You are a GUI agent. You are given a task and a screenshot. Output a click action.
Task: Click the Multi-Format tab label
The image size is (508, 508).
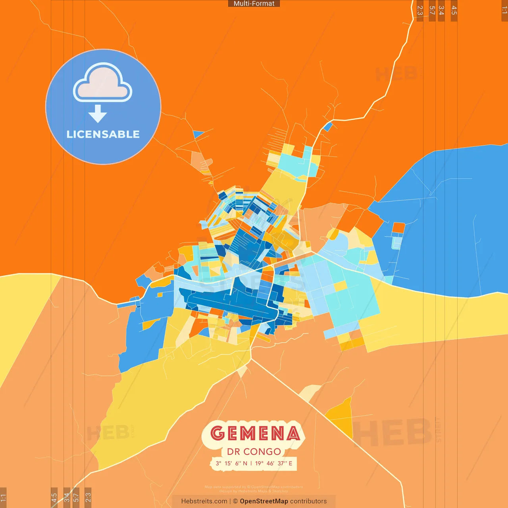pyautogui.click(x=254, y=4)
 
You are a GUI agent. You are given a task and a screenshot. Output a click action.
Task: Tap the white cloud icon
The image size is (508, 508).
pyautogui.click(x=103, y=83)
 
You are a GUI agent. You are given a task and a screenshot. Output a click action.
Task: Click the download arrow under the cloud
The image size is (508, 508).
pyautogui.click(x=98, y=114)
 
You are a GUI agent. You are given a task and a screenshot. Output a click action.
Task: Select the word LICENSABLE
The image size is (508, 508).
pyautogui.click(x=103, y=134)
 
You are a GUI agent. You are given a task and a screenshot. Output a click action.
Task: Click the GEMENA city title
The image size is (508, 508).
pyautogui.click(x=255, y=433)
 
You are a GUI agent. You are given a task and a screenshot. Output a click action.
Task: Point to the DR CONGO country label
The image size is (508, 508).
pyautogui.click(x=254, y=452)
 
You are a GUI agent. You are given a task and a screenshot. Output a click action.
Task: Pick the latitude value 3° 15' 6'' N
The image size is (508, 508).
pyautogui.click(x=231, y=463)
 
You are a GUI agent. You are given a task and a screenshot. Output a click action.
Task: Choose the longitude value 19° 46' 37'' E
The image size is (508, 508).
pyautogui.click(x=273, y=463)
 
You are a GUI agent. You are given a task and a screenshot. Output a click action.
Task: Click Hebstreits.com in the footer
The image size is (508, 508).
pyautogui.click(x=204, y=501)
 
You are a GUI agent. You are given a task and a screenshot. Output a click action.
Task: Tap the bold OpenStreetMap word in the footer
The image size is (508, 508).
pyautogui.click(x=264, y=501)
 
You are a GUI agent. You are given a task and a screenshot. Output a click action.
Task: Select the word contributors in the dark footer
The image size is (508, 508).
pyautogui.click(x=308, y=501)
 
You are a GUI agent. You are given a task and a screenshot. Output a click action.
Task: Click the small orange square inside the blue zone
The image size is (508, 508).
pyautogui.click(x=398, y=228)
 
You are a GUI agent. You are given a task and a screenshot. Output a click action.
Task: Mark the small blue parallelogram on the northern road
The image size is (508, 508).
pyautogui.click(x=328, y=127)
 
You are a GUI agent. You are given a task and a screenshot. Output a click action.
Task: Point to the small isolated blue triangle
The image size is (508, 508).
pyautogui.click(x=198, y=134)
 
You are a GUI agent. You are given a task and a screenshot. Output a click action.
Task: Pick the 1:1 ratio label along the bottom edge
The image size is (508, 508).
pyautogui.click(x=3, y=498)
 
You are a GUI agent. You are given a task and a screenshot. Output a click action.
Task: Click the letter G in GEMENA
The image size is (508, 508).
pyautogui.click(x=217, y=433)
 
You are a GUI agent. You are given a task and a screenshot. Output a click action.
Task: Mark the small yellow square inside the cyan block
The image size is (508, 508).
pyautogui.click(x=340, y=286)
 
